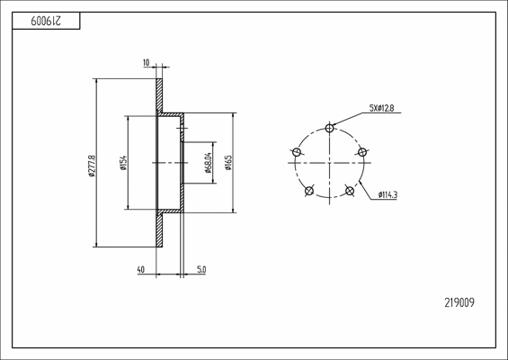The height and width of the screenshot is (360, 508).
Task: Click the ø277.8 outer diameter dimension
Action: pyautogui.click(x=92, y=166)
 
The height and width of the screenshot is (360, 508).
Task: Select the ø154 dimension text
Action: pyautogui.click(x=123, y=163)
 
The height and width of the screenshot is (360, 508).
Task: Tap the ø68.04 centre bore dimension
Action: pyautogui.click(x=209, y=163)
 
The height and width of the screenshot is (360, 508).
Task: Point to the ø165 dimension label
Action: pyautogui.click(x=228, y=163)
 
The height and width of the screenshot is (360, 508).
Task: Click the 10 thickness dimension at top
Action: pyautogui.click(x=147, y=62)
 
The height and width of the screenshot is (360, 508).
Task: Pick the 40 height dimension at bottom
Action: pyautogui.click(x=141, y=269)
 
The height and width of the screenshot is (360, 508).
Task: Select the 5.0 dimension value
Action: pyautogui.click(x=201, y=269)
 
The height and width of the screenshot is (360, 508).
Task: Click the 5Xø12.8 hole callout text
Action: pyautogui.click(x=381, y=108)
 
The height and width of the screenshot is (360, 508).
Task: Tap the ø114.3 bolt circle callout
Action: pyautogui.click(x=388, y=195)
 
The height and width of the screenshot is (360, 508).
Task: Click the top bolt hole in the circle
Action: pyautogui.click(x=329, y=128)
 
